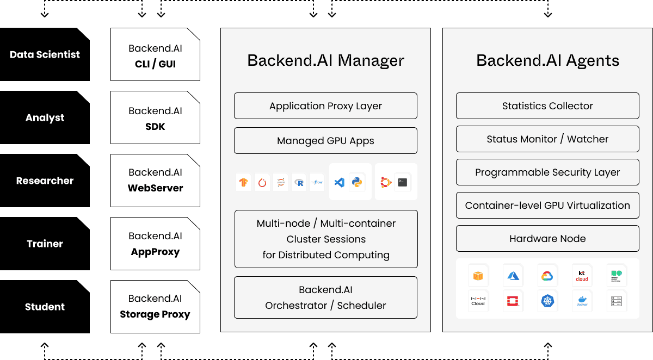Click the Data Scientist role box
coord(45,54)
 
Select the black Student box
coord(45,307)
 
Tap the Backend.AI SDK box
coord(155,117)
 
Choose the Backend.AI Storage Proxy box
coord(155,307)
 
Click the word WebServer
coord(155,188)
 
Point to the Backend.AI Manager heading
coord(325,60)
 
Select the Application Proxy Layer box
coord(325,106)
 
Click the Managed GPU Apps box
coord(325,141)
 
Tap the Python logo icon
coord(357,182)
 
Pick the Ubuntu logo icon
coord(386,182)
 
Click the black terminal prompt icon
coord(403,182)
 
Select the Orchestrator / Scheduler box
coord(325,297)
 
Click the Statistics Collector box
coord(547,106)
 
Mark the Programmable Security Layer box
coord(547,172)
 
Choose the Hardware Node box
coord(547,239)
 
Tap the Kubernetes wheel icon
coord(547,300)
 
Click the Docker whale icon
coord(582,300)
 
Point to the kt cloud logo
coord(582,276)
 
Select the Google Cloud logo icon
coord(547,276)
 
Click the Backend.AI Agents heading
coord(547,60)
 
